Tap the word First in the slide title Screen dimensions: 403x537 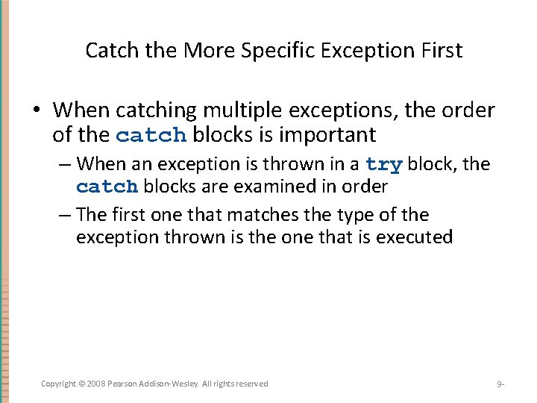pos(438,51)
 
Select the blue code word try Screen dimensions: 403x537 pos(384,164)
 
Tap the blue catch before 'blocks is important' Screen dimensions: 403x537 pos(152,136)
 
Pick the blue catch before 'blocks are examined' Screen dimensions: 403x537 pos(107,187)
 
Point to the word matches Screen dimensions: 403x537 pos(261,215)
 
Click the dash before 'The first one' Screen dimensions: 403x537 pos(65,215)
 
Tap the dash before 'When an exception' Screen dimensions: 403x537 pos(65,163)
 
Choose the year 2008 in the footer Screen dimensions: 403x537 pos(96,384)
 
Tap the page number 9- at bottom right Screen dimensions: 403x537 pos(500,384)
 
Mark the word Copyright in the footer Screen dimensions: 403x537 pos(59,384)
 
